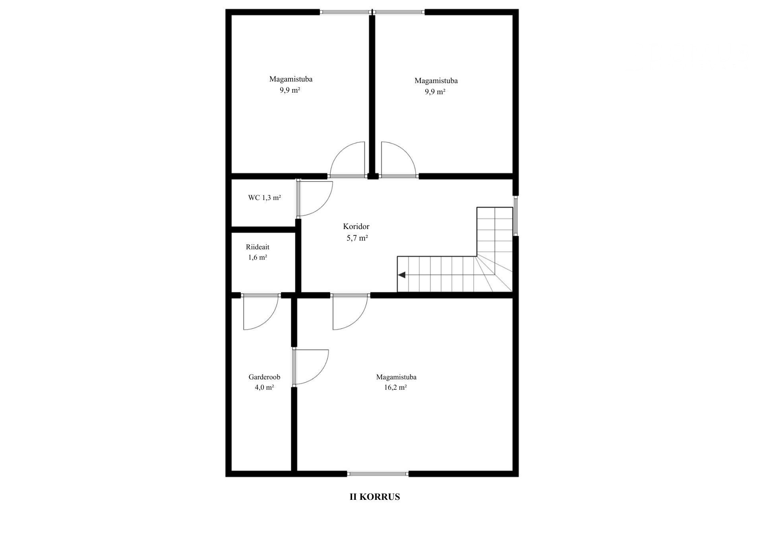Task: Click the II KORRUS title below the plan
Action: pyautogui.click(x=375, y=497)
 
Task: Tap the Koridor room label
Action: pyautogui.click(x=356, y=226)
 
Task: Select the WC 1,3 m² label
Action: pyautogui.click(x=265, y=197)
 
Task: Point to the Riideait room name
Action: pyautogui.click(x=258, y=247)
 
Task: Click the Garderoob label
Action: pyautogui.click(x=264, y=377)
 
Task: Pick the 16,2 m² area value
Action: pyautogui.click(x=395, y=387)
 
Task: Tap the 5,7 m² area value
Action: pyautogui.click(x=357, y=238)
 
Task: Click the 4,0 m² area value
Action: pyautogui.click(x=264, y=387)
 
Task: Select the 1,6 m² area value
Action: pyautogui.click(x=258, y=257)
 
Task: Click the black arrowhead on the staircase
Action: pyautogui.click(x=401, y=275)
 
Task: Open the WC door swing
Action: pyautogui.click(x=314, y=198)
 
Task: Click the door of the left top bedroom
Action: pyautogui.click(x=347, y=159)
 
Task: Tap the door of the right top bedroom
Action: pyautogui.click(x=399, y=159)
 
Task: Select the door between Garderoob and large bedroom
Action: pyautogui.click(x=310, y=367)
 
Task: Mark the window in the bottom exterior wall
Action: pyautogui.click(x=378, y=474)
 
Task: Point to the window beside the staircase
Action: pyautogui.click(x=515, y=216)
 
